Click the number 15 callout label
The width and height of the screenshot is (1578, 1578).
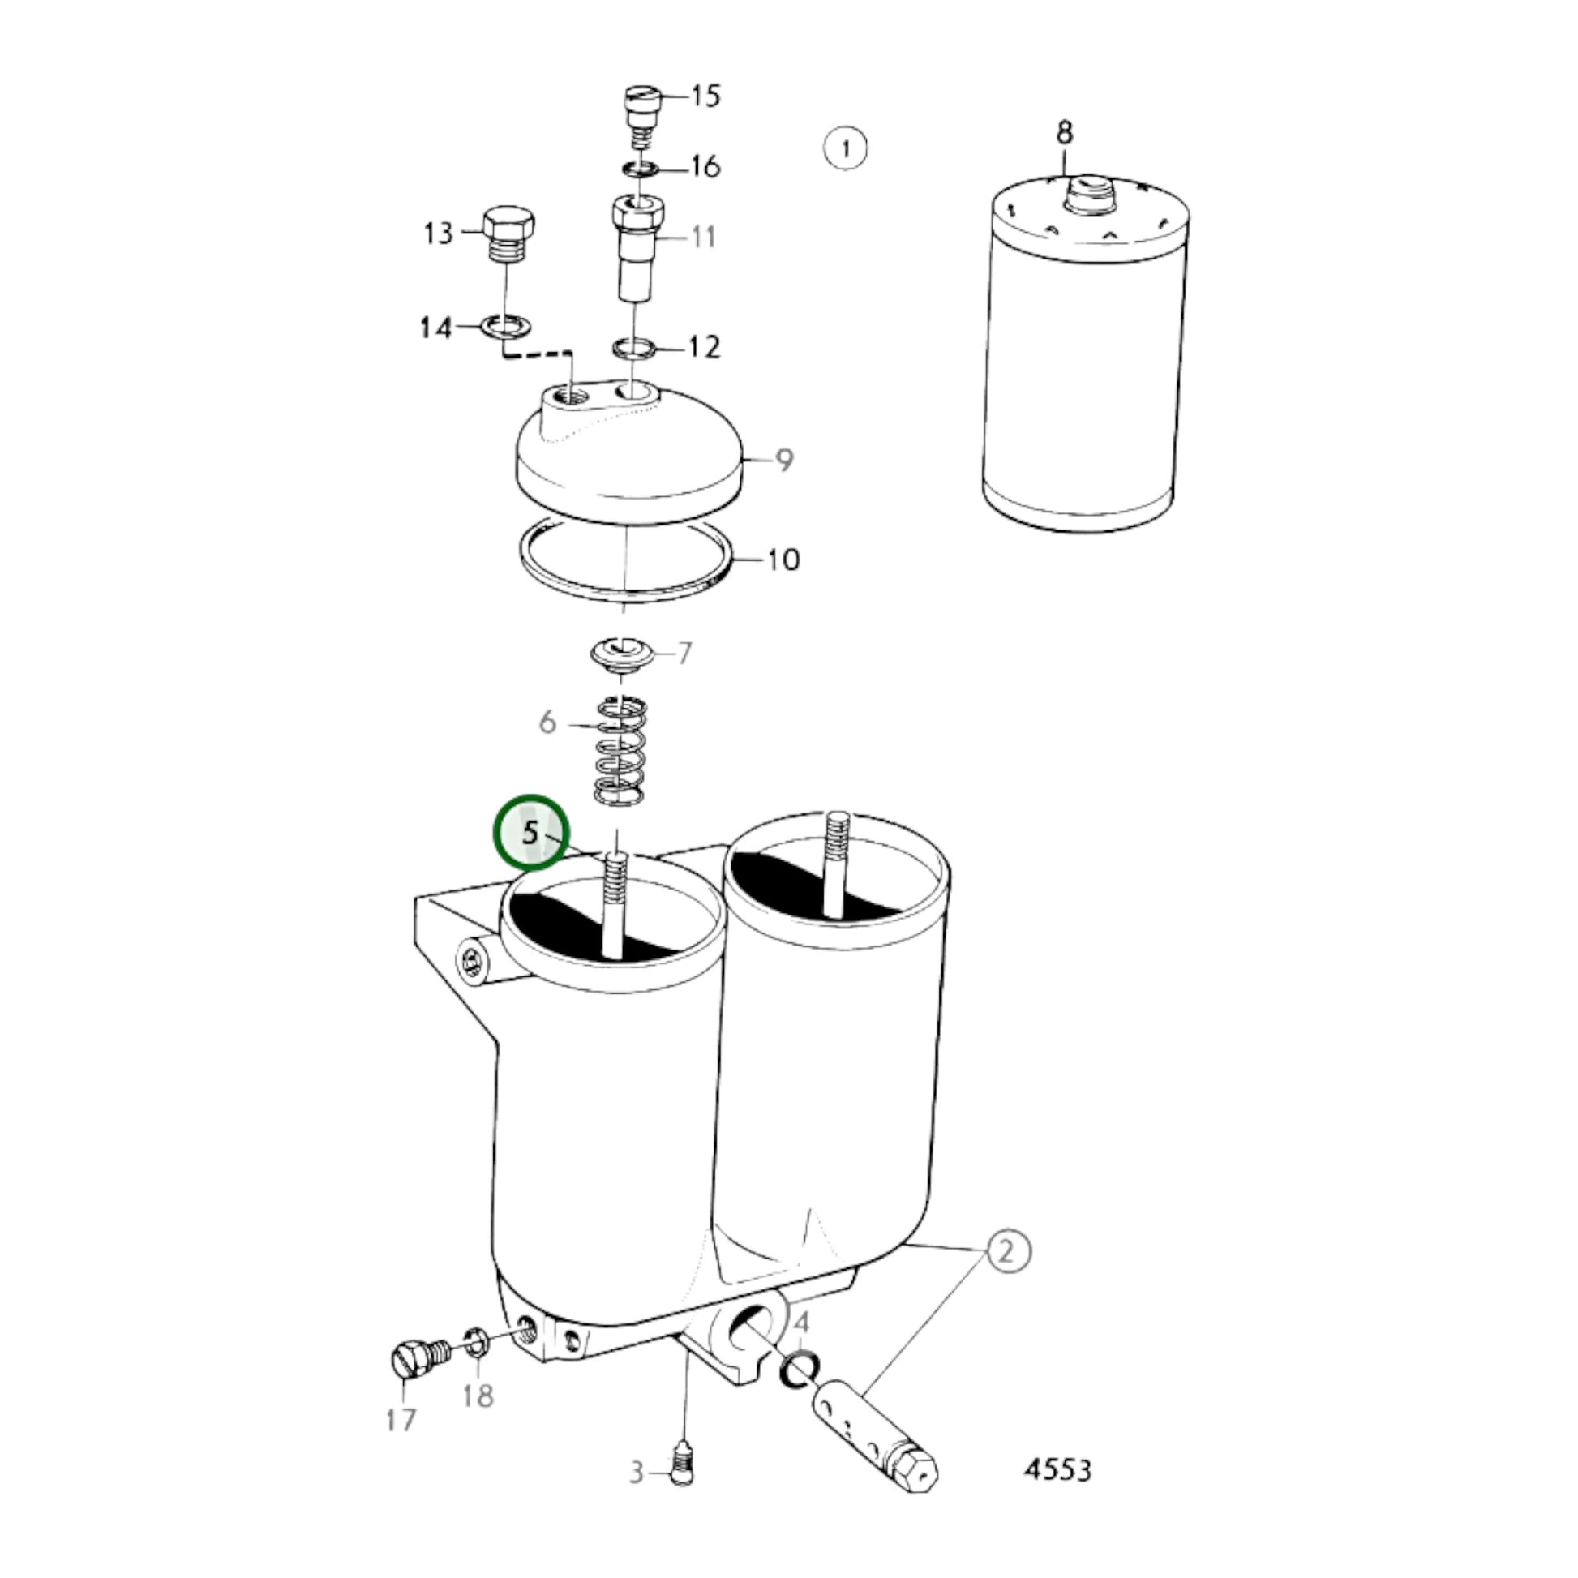(705, 96)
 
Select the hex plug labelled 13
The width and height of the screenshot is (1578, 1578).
(508, 234)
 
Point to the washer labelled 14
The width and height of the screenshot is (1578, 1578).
(504, 327)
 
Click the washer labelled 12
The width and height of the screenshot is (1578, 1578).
(635, 348)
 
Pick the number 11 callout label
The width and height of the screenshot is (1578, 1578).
(703, 237)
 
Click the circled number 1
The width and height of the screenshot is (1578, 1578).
(844, 148)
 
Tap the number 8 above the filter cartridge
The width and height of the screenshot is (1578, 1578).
(1064, 132)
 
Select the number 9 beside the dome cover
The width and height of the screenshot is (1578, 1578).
(784, 460)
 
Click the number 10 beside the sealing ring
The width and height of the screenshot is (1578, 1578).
(783, 560)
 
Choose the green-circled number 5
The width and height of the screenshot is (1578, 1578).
(530, 833)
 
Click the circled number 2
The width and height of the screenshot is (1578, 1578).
(1009, 1273)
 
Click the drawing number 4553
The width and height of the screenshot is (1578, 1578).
(1057, 1470)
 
